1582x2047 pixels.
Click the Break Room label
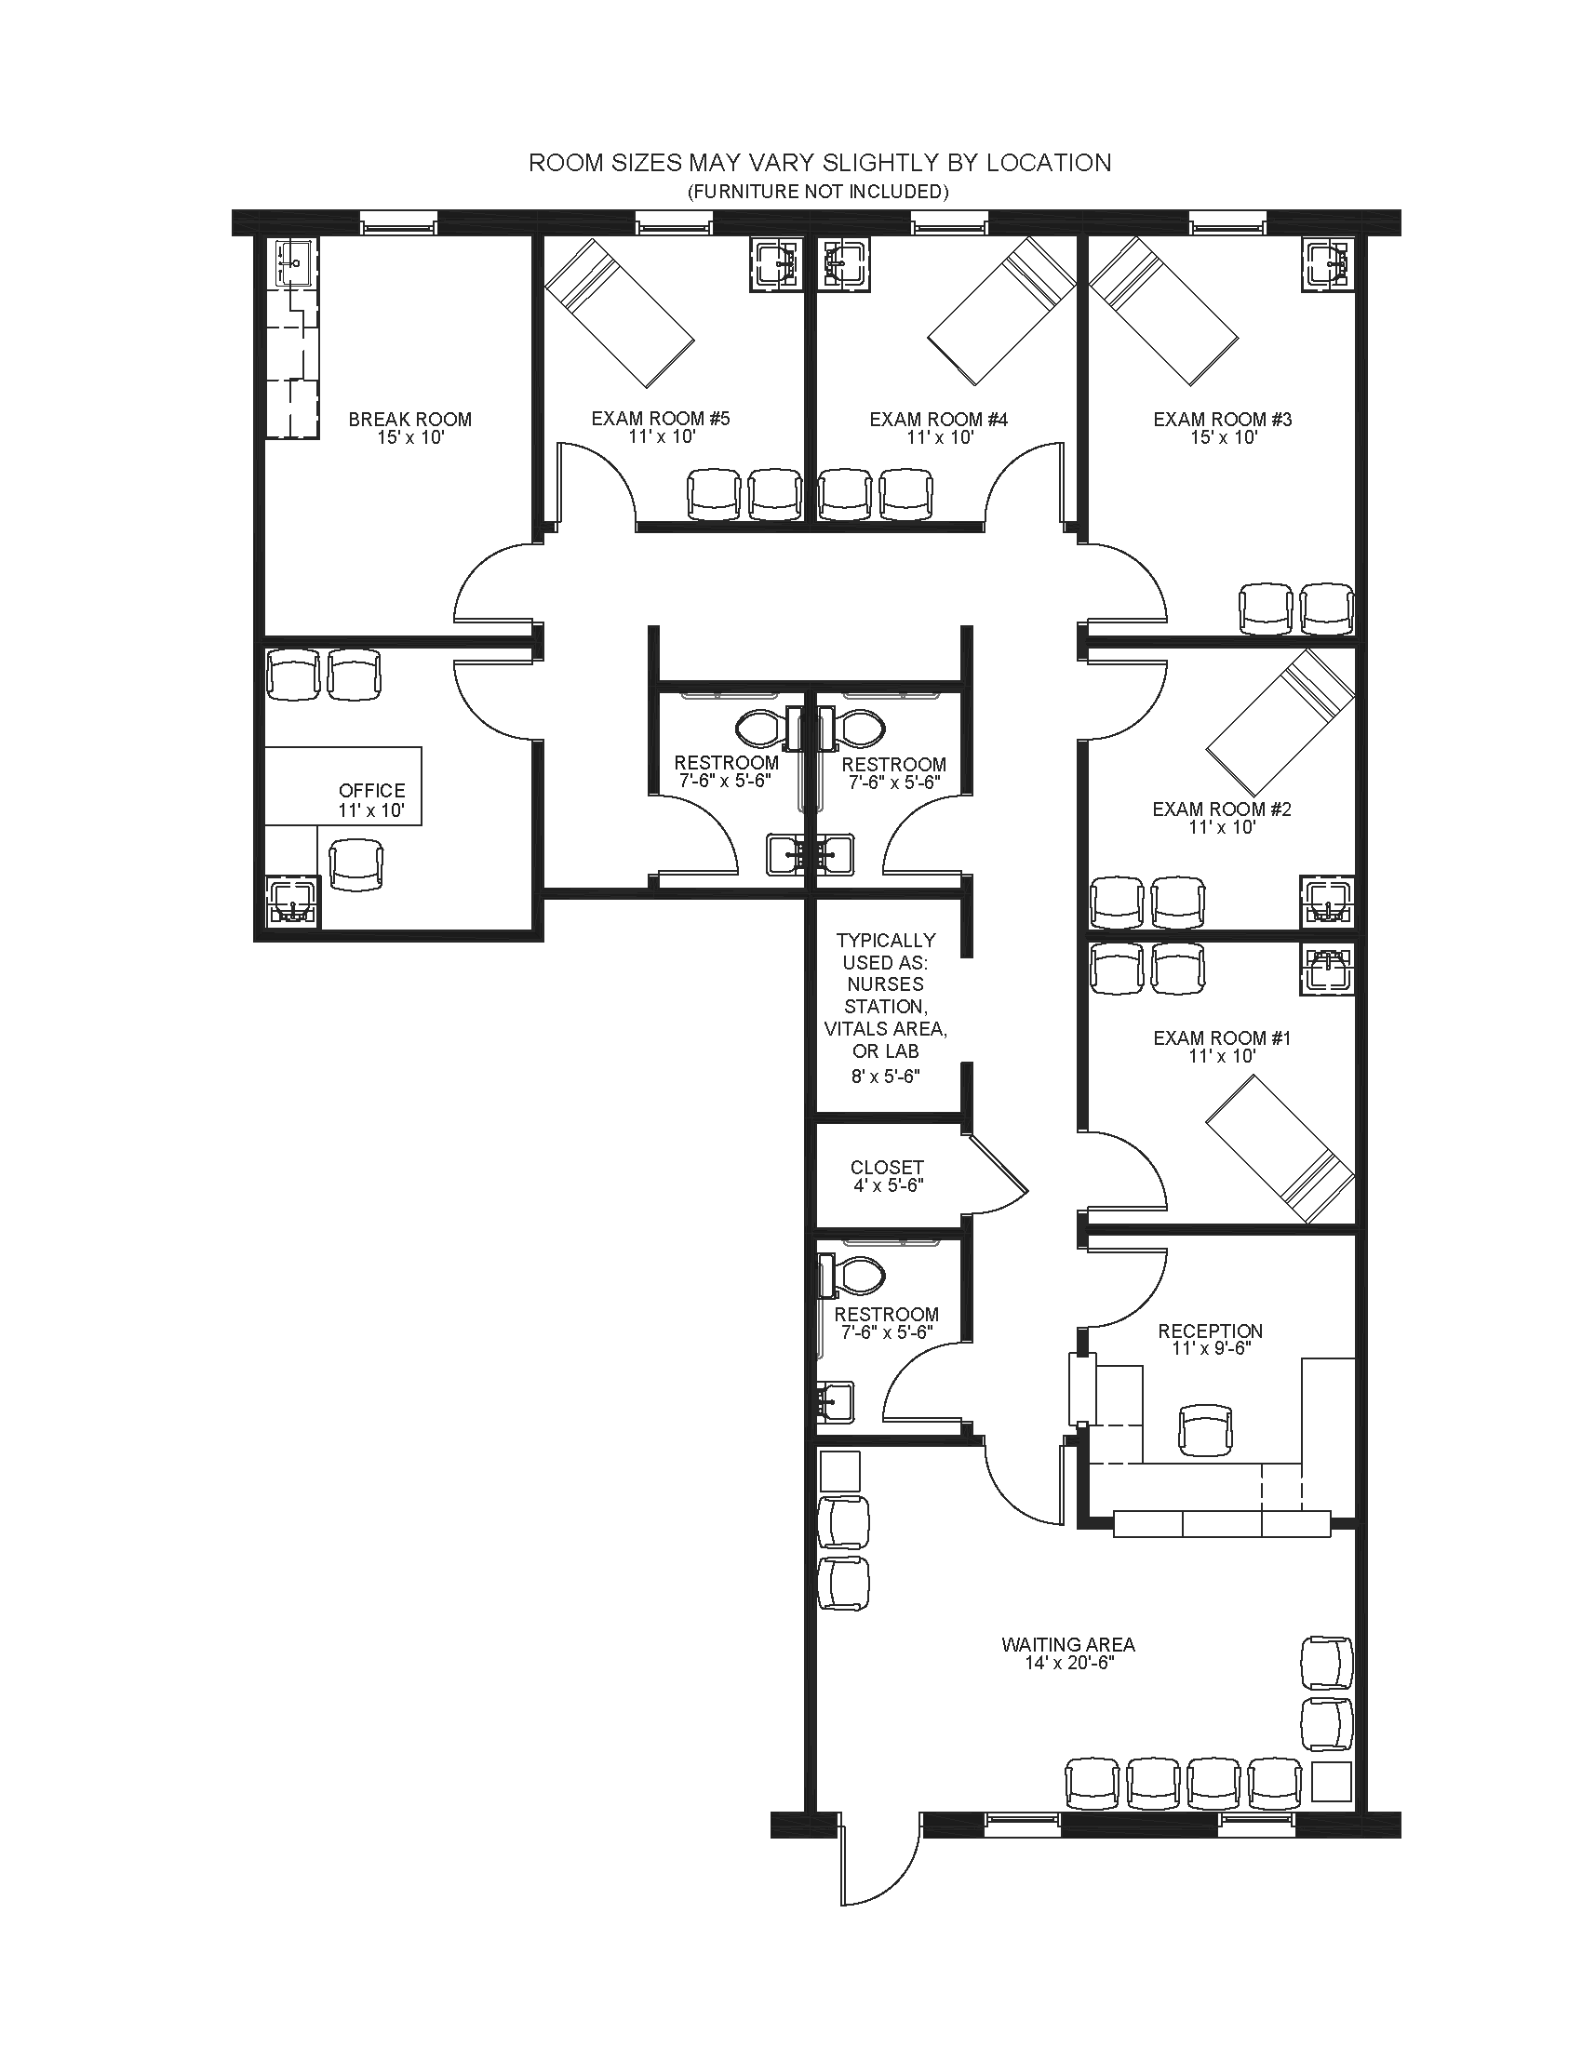(409, 419)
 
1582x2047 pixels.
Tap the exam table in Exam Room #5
(620, 312)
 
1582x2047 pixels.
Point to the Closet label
(887, 1167)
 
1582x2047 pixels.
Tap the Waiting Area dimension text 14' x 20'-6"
(1068, 1664)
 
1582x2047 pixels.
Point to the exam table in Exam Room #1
(1280, 1149)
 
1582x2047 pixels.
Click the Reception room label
(1210, 1331)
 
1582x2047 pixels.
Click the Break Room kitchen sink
(293, 261)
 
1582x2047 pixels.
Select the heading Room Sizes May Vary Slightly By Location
(820, 163)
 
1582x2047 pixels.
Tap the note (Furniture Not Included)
(818, 193)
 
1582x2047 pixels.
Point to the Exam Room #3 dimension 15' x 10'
(1223, 437)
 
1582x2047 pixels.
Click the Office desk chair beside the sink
(356, 864)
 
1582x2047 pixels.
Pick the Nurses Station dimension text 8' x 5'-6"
(886, 1077)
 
